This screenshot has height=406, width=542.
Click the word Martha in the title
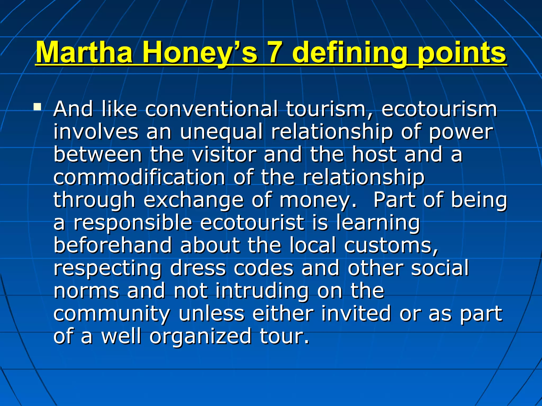[84, 52]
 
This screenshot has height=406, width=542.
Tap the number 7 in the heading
[275, 52]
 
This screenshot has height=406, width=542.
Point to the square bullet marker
[37, 107]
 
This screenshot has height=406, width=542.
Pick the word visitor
[224, 154]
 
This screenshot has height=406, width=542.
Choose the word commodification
[139, 177]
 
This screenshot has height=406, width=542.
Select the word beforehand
[112, 245]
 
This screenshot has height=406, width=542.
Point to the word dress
[197, 268]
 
